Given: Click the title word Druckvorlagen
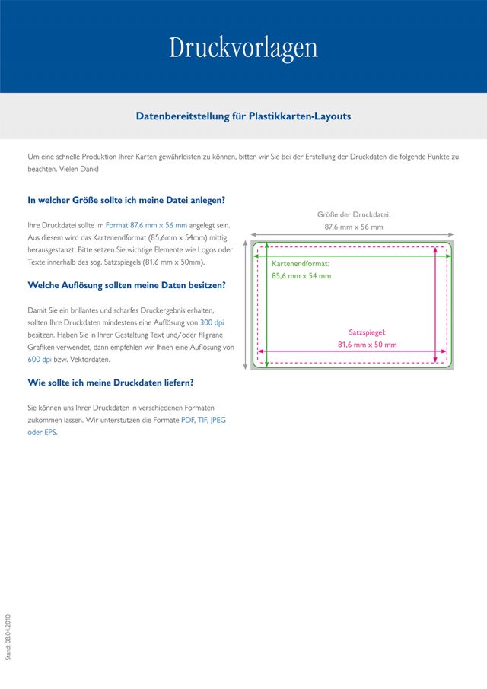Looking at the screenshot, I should tap(243, 48).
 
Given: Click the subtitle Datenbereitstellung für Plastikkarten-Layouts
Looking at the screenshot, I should tap(243, 116).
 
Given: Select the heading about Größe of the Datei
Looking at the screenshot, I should tap(126, 200).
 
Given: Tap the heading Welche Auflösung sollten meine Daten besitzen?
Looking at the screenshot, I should tap(126, 285).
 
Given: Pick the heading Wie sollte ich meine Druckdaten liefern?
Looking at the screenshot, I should tap(110, 383).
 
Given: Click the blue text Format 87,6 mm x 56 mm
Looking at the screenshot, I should tap(146, 226).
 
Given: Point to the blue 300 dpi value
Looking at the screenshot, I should tap(212, 322).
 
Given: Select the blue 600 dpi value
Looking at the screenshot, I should tap(40, 359).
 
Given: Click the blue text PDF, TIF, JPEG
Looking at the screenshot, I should tap(203, 420).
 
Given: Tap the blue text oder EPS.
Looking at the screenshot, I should tap(43, 432).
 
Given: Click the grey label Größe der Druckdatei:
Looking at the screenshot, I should tap(353, 214).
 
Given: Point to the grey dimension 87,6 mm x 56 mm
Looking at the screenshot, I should tap(353, 227).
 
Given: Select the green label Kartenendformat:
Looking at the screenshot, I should tap(301, 263).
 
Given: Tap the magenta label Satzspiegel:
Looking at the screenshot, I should tap(368, 332).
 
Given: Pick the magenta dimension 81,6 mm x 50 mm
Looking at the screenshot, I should tap(368, 344).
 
